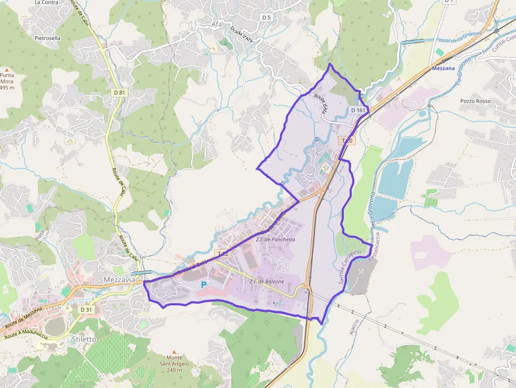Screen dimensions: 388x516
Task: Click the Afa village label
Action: pyautogui.click(x=216, y=24)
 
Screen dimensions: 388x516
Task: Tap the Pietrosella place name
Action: pyautogui.click(x=47, y=38)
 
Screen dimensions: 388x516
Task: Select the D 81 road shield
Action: pyautogui.click(x=120, y=93)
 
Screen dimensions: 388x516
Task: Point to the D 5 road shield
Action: pyautogui.click(x=266, y=17)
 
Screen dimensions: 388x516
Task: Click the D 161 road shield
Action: pyautogui.click(x=358, y=110)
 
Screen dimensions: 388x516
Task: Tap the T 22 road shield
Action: pyautogui.click(x=222, y=253)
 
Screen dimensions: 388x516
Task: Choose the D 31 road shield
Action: pyautogui.click(x=86, y=310)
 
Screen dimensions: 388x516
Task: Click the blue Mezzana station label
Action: pyautogui.click(x=443, y=68)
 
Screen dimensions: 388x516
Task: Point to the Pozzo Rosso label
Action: pyautogui.click(x=475, y=101)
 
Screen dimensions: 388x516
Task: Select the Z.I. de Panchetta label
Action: pyautogui.click(x=275, y=240)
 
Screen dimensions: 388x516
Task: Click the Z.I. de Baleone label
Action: pyautogui.click(x=266, y=282)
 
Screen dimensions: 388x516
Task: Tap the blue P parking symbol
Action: pyautogui.click(x=204, y=284)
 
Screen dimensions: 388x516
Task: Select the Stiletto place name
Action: pyautogui.click(x=84, y=340)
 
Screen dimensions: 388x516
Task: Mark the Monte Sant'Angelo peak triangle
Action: pyautogui.click(x=174, y=352)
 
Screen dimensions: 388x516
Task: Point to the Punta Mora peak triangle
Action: pyautogui.click(x=7, y=69)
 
